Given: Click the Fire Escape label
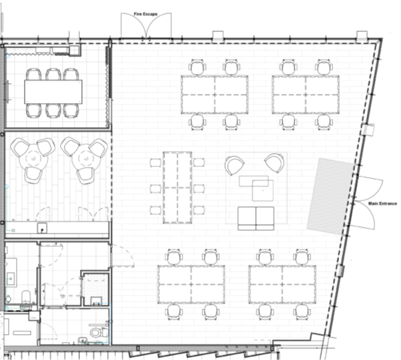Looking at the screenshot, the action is (145, 14).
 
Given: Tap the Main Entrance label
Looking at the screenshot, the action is (382, 204).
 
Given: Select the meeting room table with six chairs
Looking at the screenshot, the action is (53, 92).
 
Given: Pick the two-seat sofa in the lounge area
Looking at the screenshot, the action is (256, 218).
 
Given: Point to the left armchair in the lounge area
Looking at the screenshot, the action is (234, 165).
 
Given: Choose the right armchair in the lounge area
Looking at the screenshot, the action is (274, 163).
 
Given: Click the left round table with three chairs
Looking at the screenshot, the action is (33, 159).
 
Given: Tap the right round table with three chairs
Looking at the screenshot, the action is (85, 159).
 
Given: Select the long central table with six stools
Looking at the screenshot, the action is (177, 188).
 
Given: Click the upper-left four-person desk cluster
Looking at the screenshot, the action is (214, 94).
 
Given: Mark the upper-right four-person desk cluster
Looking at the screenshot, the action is (306, 94).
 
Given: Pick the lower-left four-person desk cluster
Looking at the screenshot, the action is (191, 284).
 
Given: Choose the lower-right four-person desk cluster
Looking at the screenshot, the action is (282, 284).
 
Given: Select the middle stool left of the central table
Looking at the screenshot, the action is (155, 189).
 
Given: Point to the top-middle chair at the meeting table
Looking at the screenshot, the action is (53, 74).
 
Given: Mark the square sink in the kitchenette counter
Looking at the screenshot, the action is (42, 228).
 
